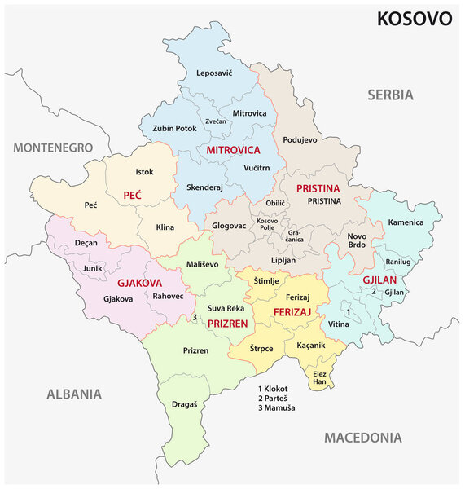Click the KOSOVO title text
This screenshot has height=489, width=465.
tap(414, 19)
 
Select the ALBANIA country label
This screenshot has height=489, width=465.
tap(74, 394)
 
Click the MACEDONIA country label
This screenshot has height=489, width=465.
tap(363, 438)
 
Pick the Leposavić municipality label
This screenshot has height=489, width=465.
tap(214, 73)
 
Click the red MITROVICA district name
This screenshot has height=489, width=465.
tap(233, 151)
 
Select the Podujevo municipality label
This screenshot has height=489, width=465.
tap(300, 139)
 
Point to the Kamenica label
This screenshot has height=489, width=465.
tap(405, 222)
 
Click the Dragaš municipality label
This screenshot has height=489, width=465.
tap(185, 403)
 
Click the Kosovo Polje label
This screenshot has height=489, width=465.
tap(267, 225)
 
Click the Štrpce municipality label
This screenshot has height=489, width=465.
tap(261, 348)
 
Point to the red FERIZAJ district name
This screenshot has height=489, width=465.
tap(293, 312)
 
